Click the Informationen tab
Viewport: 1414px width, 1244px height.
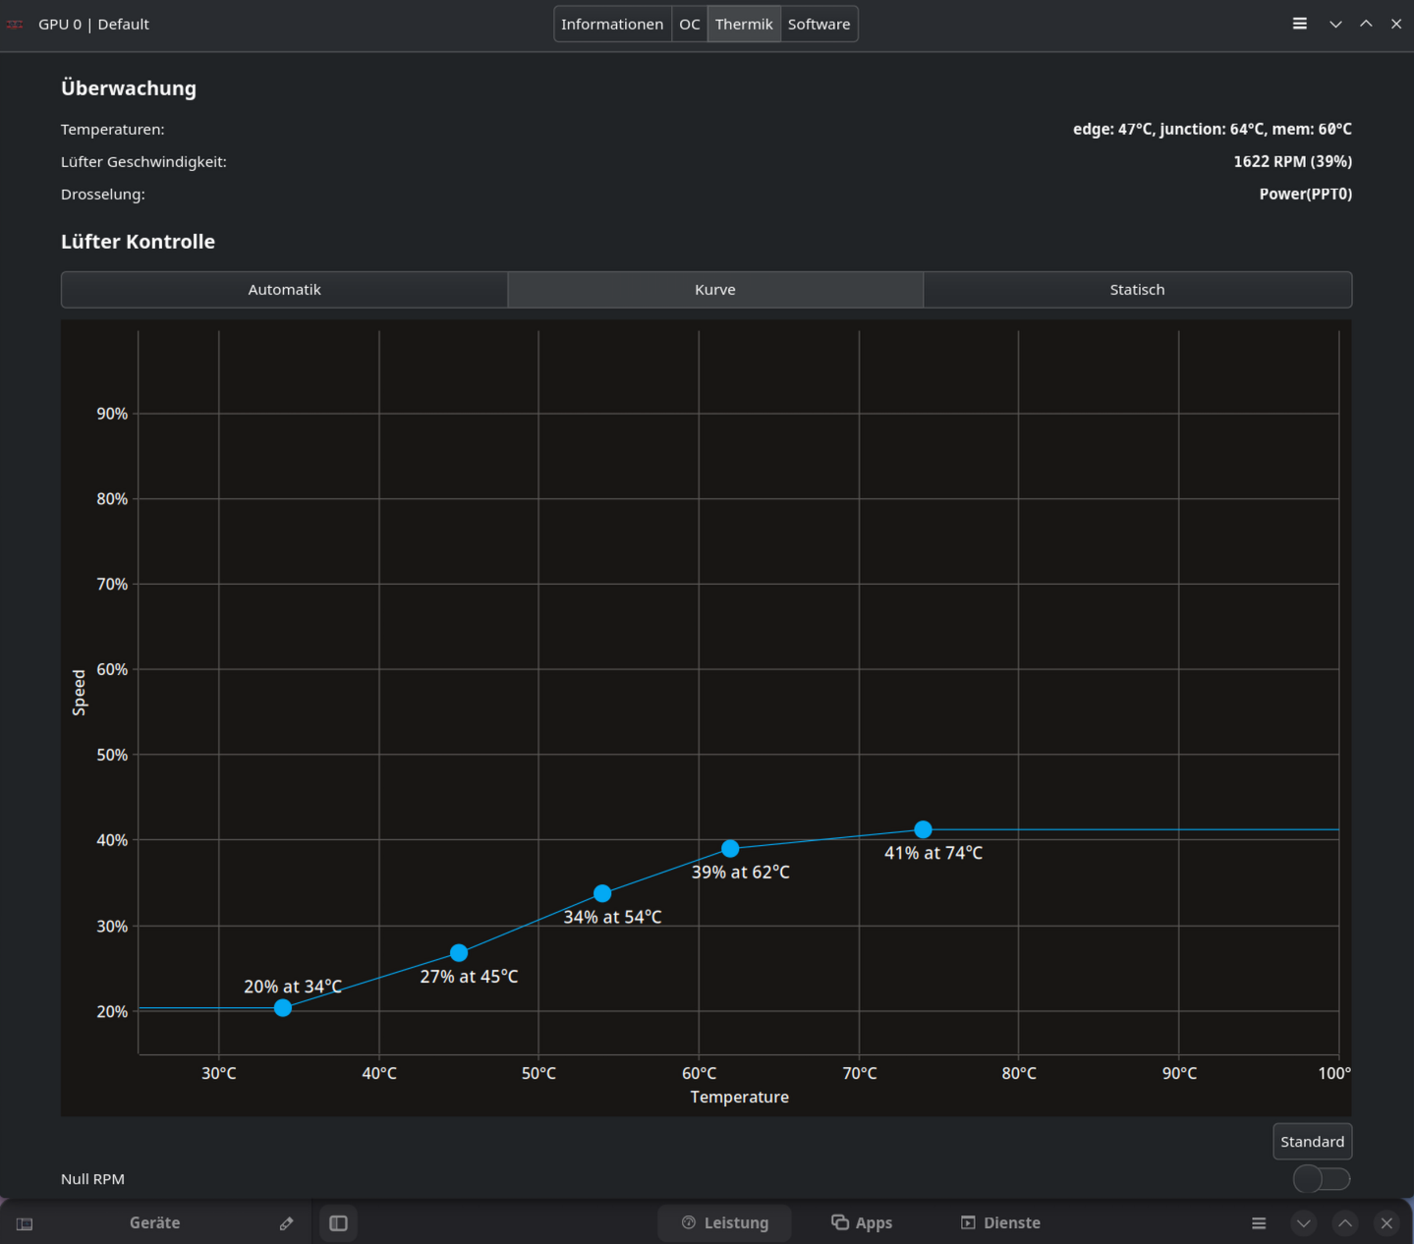[612, 25]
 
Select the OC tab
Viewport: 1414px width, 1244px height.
[690, 25]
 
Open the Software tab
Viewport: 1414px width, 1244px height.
[819, 25]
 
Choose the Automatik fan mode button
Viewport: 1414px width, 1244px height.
[284, 290]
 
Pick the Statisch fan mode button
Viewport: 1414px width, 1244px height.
[1137, 290]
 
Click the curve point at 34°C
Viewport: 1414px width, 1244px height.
[283, 1008]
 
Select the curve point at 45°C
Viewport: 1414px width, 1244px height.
[459, 953]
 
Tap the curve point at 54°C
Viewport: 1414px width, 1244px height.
[602, 893]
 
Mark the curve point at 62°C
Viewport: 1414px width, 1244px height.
[730, 849]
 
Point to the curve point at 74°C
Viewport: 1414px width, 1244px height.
[923, 829]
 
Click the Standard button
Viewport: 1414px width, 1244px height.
[1312, 1142]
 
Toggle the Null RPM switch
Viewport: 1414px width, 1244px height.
[1322, 1179]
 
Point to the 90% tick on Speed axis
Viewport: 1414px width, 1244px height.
[112, 414]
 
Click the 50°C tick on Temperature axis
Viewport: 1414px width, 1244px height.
[538, 1073]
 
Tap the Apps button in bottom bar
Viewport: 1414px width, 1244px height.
[861, 1223]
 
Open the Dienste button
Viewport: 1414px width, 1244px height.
[1000, 1223]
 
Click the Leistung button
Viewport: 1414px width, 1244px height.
[724, 1223]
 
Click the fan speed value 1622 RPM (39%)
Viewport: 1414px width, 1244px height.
[1292, 162]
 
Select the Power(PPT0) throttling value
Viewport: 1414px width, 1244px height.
[1305, 195]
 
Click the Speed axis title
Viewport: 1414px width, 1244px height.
[79, 693]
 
